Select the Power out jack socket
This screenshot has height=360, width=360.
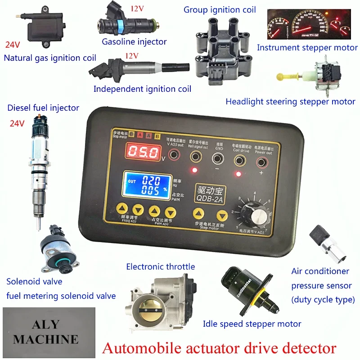pyautogui.click(x=262, y=157)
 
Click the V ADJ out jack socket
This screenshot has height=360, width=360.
pyautogui.click(x=173, y=157)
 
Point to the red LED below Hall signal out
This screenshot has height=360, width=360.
pyautogui.click(x=194, y=170)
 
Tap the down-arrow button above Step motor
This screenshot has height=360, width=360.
pyautogui.click(x=220, y=215)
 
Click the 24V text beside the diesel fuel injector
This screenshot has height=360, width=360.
pyautogui.click(x=17, y=123)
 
